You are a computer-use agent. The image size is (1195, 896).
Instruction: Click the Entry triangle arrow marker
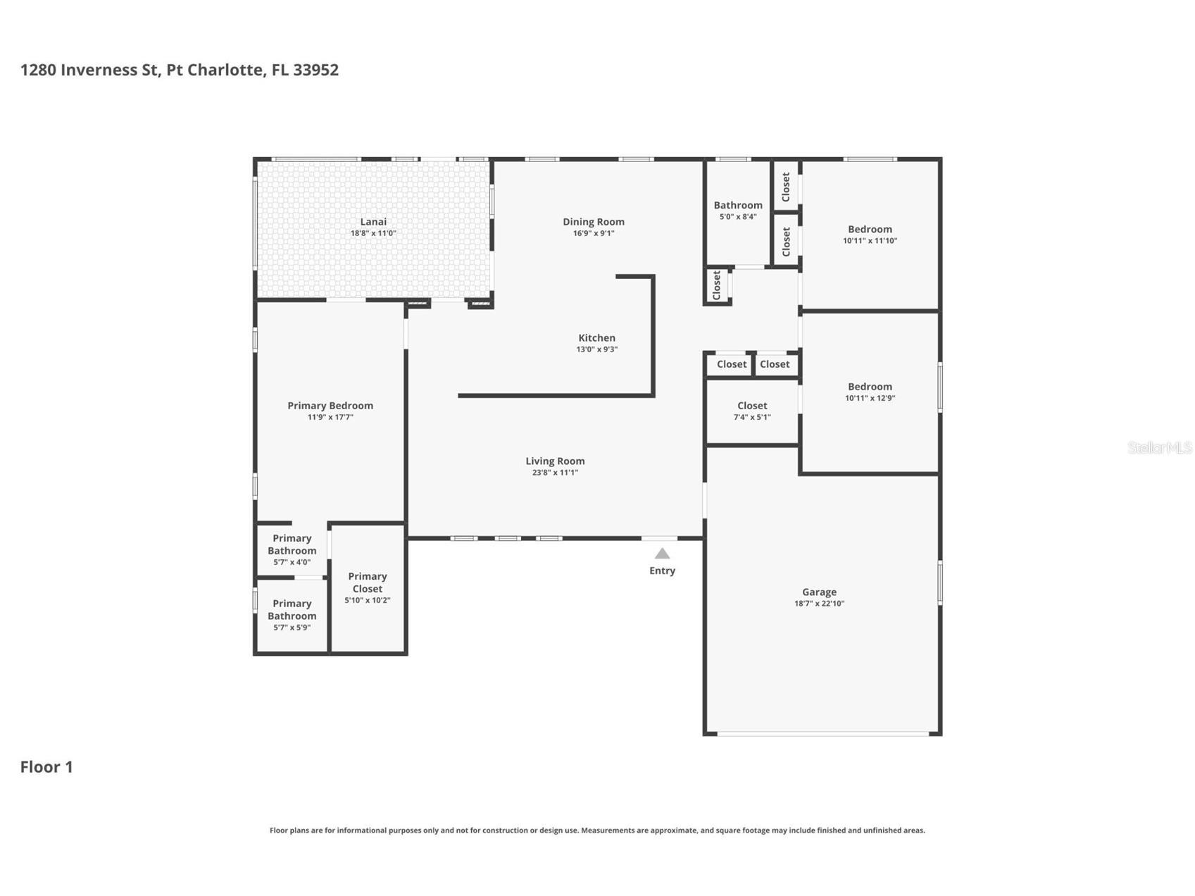pos(662,554)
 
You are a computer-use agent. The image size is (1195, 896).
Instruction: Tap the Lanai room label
pos(373,222)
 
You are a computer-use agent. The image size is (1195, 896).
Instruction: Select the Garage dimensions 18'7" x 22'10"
pos(819,604)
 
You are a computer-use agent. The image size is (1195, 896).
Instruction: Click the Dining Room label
pos(593,222)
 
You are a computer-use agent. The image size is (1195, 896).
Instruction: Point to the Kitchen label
pos(596,338)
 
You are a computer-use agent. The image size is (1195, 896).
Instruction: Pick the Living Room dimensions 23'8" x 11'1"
pos(555,473)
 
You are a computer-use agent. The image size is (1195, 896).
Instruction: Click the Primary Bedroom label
pos(330,406)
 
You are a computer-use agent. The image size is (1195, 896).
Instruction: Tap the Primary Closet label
pos(367,583)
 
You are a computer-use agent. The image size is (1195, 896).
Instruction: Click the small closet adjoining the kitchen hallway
pos(717,285)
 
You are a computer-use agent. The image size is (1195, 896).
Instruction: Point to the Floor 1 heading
pos(46,767)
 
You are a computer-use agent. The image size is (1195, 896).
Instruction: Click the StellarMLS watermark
pos(1159,447)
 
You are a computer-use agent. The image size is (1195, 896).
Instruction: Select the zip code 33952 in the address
pos(315,70)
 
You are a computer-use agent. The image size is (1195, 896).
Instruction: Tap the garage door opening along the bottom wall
pos(822,734)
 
